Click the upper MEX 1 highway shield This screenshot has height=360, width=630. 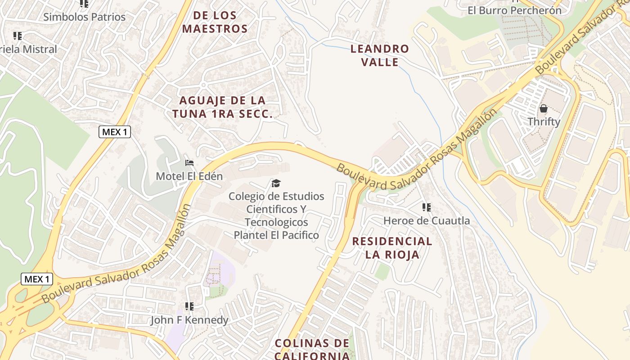114,132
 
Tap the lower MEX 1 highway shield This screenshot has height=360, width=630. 37,279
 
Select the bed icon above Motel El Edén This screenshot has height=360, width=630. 189,162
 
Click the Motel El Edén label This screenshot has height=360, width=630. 189,176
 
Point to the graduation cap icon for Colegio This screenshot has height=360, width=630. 276,183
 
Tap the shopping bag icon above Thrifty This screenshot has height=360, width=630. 544,108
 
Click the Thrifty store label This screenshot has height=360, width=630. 544,121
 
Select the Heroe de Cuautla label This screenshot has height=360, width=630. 426,220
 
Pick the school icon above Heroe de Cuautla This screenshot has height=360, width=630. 426,207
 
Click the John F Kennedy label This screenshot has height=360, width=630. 189,320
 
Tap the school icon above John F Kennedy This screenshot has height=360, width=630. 189,306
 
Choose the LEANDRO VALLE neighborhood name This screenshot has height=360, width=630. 380,55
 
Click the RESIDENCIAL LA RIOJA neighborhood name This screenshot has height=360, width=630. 392,247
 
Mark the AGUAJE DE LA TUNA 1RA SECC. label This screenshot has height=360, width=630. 222,107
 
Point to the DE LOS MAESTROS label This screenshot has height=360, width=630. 221,22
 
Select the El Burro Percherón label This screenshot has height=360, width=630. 514,10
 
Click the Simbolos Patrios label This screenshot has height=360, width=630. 84,17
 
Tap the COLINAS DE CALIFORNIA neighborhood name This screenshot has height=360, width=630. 312,349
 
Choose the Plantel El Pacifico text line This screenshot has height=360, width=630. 276,235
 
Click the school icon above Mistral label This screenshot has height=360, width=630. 18,36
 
